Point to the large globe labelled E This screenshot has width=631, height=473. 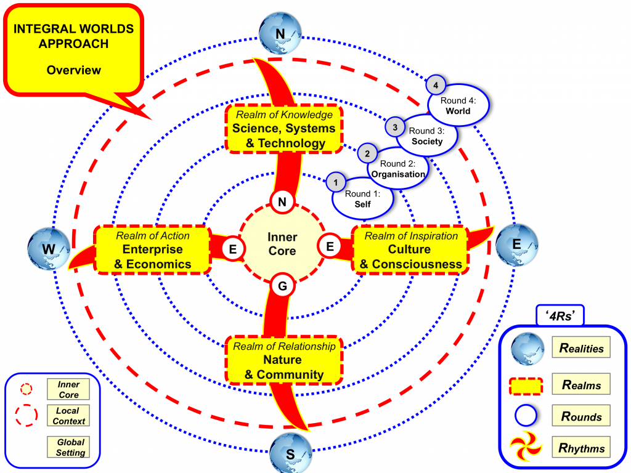tap(516, 243)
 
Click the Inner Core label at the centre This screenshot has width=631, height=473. tap(282, 244)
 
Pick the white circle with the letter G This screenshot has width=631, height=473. tap(282, 286)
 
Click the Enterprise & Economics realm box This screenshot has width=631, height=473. tap(152, 249)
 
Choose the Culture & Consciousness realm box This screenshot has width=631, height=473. tap(411, 249)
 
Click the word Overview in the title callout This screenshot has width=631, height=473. tap(74, 70)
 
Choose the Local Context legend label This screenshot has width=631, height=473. tap(68, 416)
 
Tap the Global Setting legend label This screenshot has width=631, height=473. tap(70, 447)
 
